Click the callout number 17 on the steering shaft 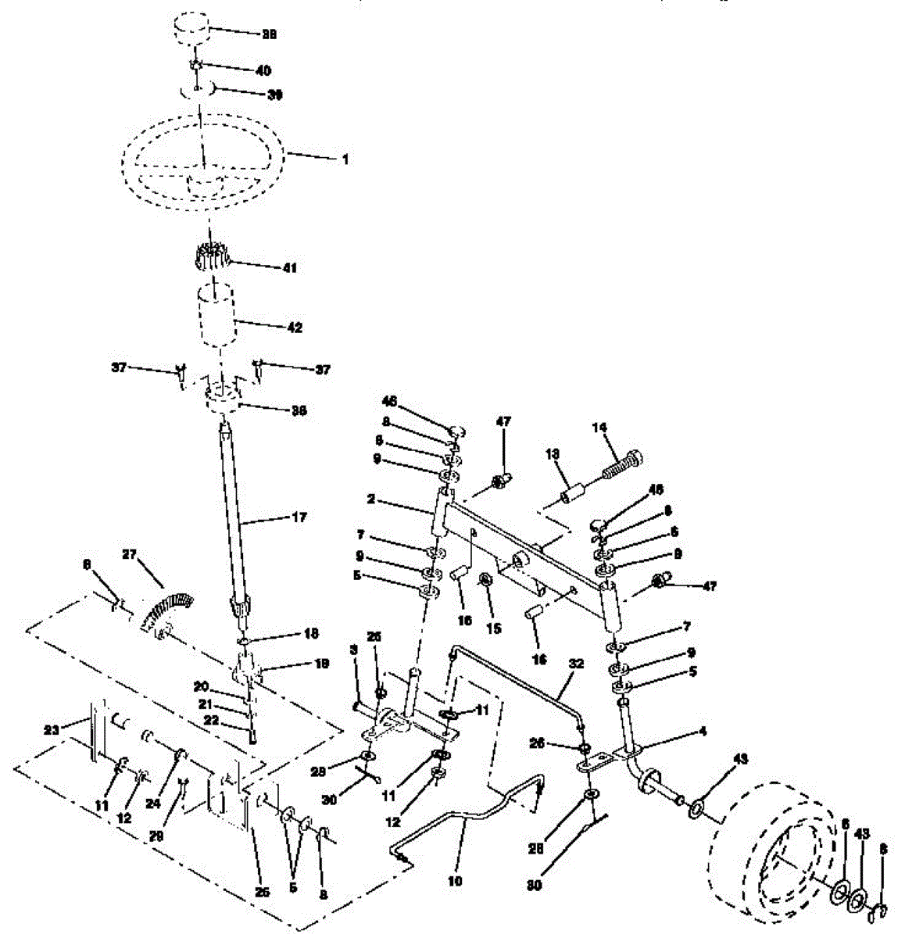(298, 517)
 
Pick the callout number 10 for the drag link (455, 881)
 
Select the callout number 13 (553, 453)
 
